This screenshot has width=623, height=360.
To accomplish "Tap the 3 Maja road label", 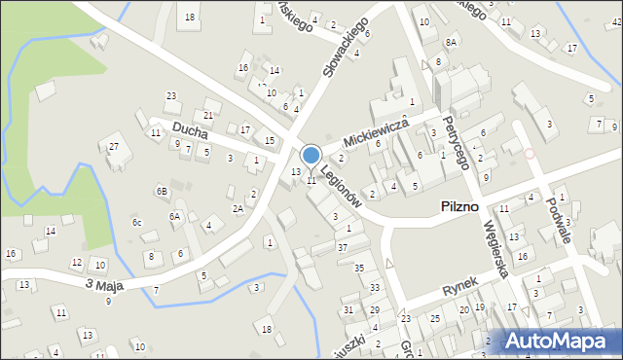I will tap(105, 284).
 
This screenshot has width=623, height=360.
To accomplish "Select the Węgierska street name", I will tap(497, 247).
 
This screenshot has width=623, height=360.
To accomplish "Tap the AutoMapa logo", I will tap(561, 341).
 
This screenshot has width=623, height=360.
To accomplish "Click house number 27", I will tap(113, 147).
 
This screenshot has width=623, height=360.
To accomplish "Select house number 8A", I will tap(451, 43).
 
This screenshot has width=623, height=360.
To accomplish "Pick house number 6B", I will tap(163, 191).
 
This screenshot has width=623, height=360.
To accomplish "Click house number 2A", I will tap(238, 208).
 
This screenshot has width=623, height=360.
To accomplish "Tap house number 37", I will tap(342, 247).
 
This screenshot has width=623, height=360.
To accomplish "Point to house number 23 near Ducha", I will tap(171, 95).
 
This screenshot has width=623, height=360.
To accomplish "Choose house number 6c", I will tap(137, 223).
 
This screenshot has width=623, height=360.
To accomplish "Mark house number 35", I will tap(359, 268).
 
